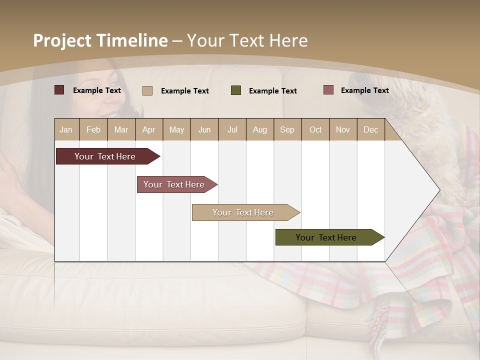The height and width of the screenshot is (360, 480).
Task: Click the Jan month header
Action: (x=66, y=129)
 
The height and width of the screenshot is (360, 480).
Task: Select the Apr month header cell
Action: (x=149, y=129)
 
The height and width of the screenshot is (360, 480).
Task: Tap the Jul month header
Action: (x=232, y=129)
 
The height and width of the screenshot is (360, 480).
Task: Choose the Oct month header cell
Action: (x=315, y=129)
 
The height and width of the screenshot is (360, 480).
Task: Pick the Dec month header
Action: (x=370, y=129)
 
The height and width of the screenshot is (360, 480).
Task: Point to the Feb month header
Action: (x=93, y=129)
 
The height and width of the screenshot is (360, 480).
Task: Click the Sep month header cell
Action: (x=287, y=129)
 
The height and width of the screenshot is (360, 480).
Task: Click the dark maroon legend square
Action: (x=59, y=90)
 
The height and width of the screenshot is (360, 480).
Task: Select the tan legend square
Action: (x=147, y=90)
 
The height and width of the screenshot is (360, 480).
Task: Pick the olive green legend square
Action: (x=236, y=90)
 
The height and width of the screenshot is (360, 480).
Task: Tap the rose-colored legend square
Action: (x=328, y=90)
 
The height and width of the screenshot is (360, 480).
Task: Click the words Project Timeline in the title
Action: (x=100, y=40)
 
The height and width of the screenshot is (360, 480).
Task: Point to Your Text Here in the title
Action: (x=247, y=40)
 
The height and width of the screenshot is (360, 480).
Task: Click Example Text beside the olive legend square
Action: (x=272, y=91)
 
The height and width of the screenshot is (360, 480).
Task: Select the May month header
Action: (x=176, y=129)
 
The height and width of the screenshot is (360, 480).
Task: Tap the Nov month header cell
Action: (x=343, y=129)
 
